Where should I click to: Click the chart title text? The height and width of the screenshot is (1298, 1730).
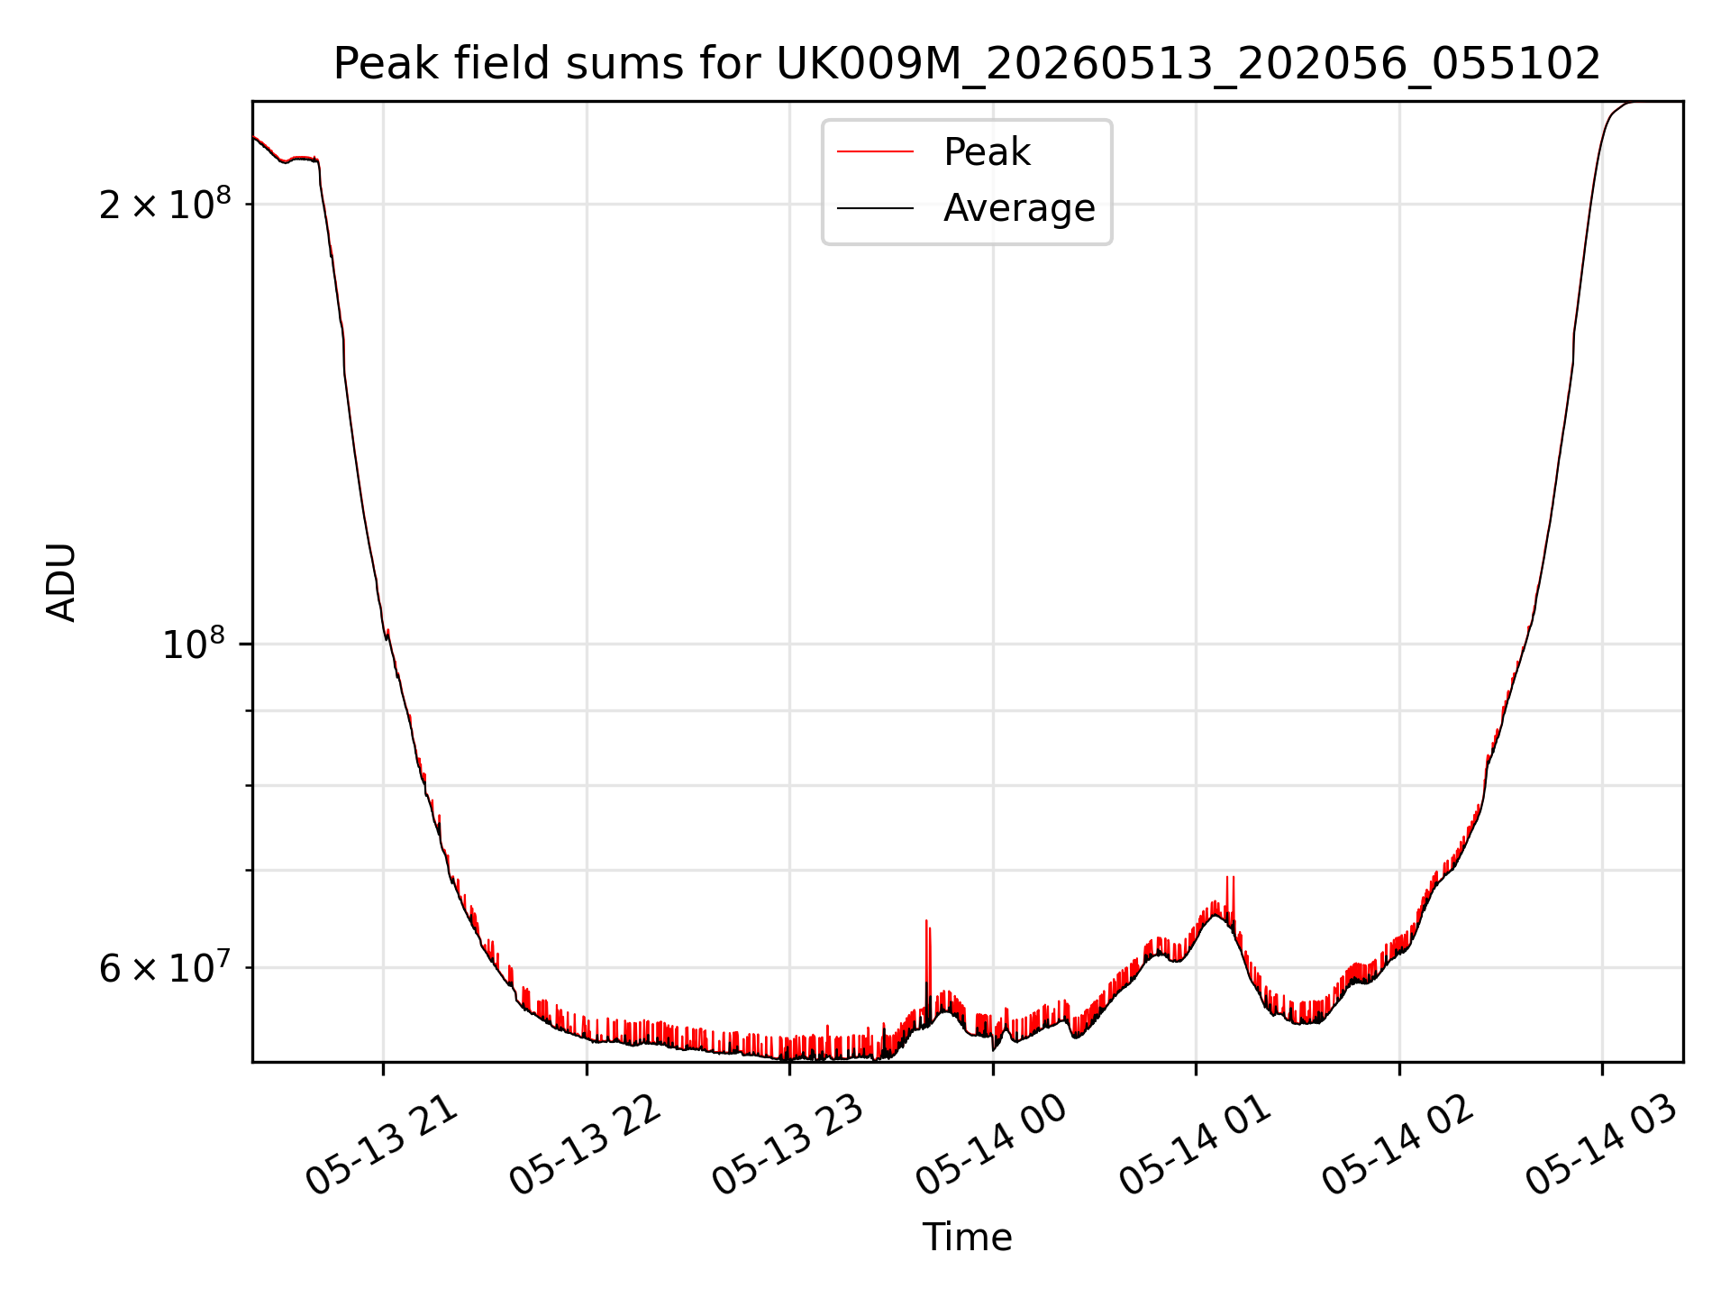coord(967,64)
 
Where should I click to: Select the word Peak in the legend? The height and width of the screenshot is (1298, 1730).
coord(987,152)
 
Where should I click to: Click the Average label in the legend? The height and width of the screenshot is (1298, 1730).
coord(1019,208)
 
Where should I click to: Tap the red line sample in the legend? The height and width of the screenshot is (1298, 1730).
coord(875,152)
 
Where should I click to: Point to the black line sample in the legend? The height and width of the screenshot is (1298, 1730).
coord(875,208)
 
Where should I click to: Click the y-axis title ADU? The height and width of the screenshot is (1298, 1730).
coord(61,581)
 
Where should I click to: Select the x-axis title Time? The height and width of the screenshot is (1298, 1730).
coord(967,1237)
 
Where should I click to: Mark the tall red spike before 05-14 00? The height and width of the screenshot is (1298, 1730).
coord(927,964)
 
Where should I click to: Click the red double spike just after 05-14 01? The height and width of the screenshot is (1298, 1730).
coord(1230,901)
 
